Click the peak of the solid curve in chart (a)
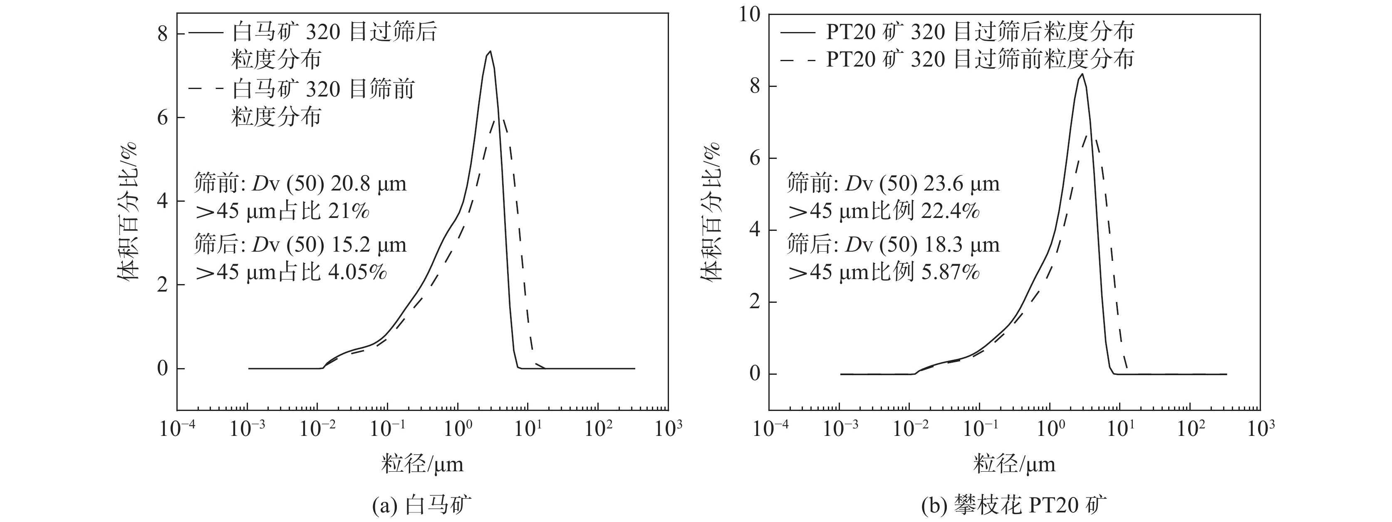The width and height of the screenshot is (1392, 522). (x=490, y=52)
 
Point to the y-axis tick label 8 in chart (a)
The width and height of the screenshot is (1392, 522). (x=162, y=35)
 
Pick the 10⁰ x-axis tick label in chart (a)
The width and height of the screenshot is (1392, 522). (x=458, y=430)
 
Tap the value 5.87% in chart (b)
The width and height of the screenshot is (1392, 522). (x=951, y=272)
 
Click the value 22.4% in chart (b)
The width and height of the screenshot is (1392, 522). (x=951, y=211)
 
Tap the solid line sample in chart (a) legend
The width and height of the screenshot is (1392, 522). (x=206, y=33)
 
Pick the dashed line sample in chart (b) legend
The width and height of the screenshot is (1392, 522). (x=798, y=59)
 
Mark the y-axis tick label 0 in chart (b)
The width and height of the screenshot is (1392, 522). (x=754, y=374)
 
